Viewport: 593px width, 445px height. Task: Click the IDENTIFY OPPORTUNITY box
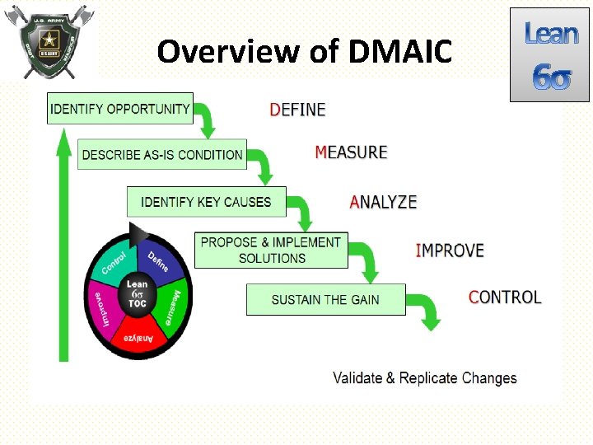click(x=120, y=109)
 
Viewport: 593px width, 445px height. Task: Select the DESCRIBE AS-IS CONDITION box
click(x=162, y=154)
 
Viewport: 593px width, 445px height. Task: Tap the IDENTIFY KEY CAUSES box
click(x=206, y=202)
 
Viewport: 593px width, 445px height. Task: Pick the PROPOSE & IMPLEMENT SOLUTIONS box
click(x=271, y=250)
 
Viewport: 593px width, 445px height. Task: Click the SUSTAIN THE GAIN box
click(x=325, y=299)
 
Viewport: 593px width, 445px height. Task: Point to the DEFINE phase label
click(x=298, y=110)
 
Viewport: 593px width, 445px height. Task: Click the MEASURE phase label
click(x=351, y=152)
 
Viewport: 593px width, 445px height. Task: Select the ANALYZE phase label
click(x=384, y=202)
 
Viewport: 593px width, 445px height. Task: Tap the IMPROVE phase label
click(x=450, y=251)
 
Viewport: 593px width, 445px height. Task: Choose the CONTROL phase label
click(x=505, y=297)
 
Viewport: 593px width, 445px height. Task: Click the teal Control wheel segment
click(x=116, y=261)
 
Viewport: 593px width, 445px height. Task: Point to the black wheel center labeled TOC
click(x=138, y=294)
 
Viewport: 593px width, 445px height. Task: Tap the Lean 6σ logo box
click(x=550, y=54)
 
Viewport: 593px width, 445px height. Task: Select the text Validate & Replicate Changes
click(x=425, y=378)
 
